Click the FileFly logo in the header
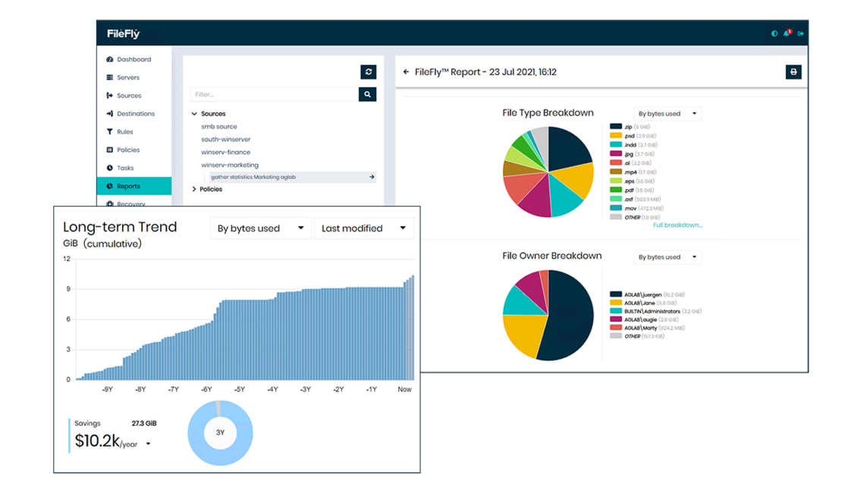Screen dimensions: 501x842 [124, 33]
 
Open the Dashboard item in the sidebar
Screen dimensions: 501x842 [134, 59]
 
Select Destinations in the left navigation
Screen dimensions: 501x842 [135, 114]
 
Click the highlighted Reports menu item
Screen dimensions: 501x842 [128, 186]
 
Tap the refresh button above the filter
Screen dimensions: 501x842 [369, 72]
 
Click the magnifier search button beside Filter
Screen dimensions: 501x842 [367, 95]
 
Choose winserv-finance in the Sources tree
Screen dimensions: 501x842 [225, 153]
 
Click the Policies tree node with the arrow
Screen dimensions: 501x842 [210, 189]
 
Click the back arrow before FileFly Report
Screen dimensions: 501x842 [407, 72]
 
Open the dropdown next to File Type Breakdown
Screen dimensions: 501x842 [668, 114]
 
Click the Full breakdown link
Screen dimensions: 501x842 [677, 225]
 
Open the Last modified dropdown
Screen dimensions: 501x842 [363, 228]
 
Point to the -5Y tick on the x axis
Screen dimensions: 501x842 [240, 389]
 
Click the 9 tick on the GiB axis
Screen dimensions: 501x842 [68, 289]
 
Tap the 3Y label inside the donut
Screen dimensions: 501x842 [220, 433]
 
